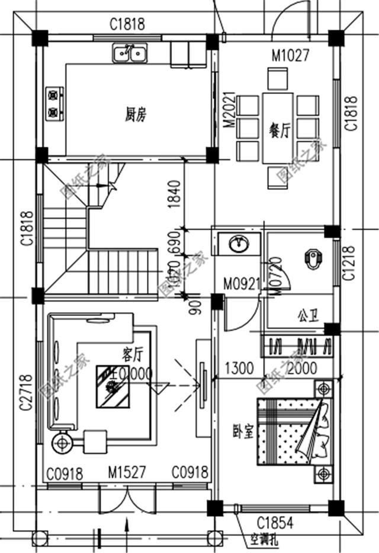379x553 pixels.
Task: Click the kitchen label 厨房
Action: [x=135, y=115]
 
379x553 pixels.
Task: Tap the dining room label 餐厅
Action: [x=279, y=130]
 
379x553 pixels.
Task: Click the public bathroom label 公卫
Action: [x=308, y=314]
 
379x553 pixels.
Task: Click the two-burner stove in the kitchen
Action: [x=54, y=102]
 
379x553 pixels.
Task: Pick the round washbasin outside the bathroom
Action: [x=239, y=243]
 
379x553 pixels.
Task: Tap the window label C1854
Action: [x=276, y=522]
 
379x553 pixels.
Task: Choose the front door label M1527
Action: [x=127, y=472]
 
